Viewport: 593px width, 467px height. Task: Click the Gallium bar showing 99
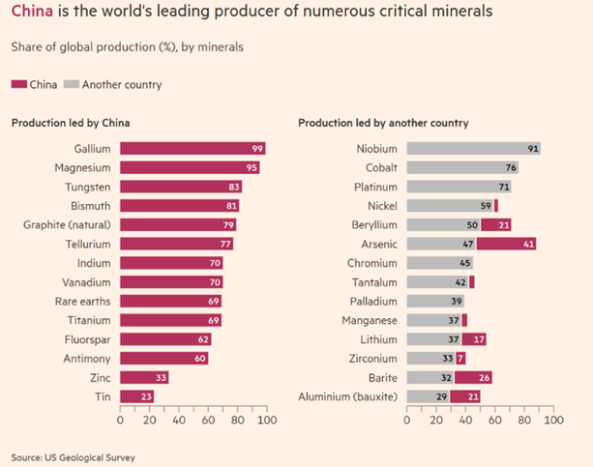[193, 149]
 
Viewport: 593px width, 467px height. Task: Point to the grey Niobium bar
[473, 149]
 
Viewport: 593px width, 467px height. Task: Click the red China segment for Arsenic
[506, 244]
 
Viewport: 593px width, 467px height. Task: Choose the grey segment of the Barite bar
[430, 377]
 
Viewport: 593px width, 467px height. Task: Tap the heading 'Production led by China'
[71, 123]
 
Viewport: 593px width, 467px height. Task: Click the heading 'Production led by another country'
[383, 123]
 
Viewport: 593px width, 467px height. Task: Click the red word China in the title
[30, 14]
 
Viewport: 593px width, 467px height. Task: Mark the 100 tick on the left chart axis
[266, 421]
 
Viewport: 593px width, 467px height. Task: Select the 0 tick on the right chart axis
[407, 421]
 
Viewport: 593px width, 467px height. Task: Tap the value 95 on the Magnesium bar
[252, 168]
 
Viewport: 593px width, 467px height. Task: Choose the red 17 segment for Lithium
[473, 339]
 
